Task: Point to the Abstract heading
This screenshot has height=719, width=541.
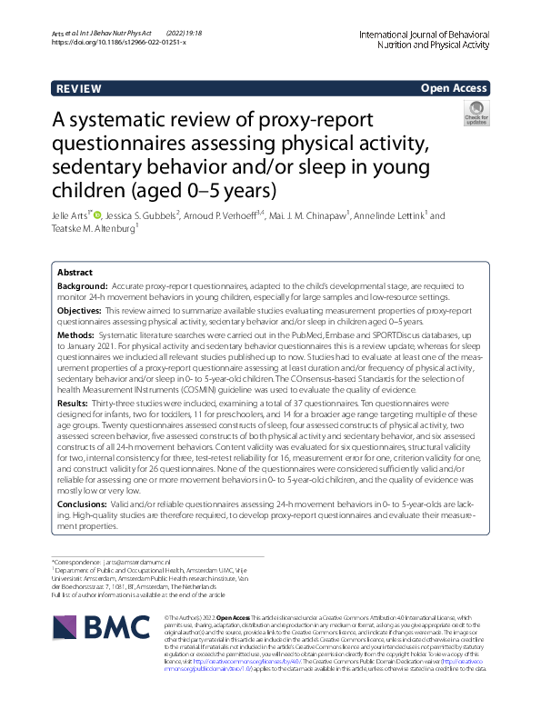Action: pyautogui.click(x=75, y=272)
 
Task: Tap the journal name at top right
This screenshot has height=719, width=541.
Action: pyautogui.click(x=436, y=36)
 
